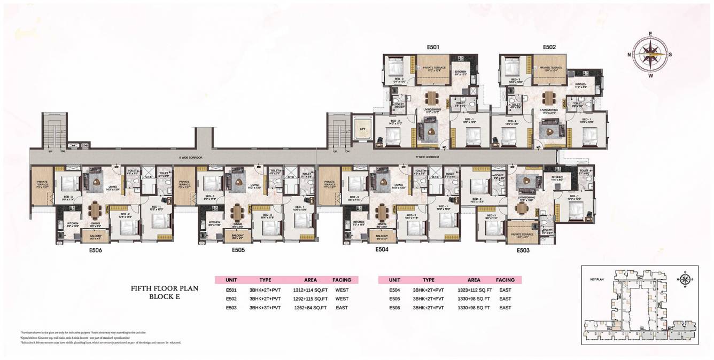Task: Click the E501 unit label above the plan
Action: point(433,47)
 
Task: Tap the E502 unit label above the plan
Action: point(549,47)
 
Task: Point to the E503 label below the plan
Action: point(523,250)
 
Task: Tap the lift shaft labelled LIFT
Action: point(362,128)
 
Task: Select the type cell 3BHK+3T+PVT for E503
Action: point(265,308)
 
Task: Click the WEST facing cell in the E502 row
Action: point(342,299)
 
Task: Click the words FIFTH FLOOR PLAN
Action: point(165,288)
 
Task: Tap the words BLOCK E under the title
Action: point(165,298)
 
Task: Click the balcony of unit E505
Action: point(235,236)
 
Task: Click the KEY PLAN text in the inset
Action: point(596,279)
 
